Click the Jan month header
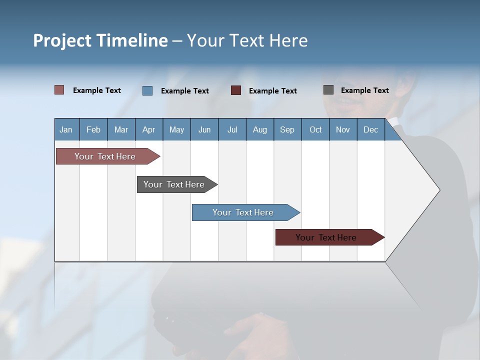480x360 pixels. [x=66, y=129]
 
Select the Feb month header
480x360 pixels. [x=93, y=129]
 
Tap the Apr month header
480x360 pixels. [x=149, y=129]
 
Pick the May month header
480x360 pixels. [x=176, y=129]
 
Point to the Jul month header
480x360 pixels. [x=232, y=129]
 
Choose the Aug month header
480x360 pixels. [x=260, y=129]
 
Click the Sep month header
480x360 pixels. [x=287, y=129]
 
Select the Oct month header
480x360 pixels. [x=315, y=129]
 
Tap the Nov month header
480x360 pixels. [x=343, y=129]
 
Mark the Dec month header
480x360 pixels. [x=371, y=129]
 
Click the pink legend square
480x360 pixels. [x=59, y=90]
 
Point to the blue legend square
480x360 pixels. [x=147, y=90]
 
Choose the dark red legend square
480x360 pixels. [x=236, y=90]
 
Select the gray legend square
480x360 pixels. [x=328, y=90]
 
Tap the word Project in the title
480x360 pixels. [x=62, y=40]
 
